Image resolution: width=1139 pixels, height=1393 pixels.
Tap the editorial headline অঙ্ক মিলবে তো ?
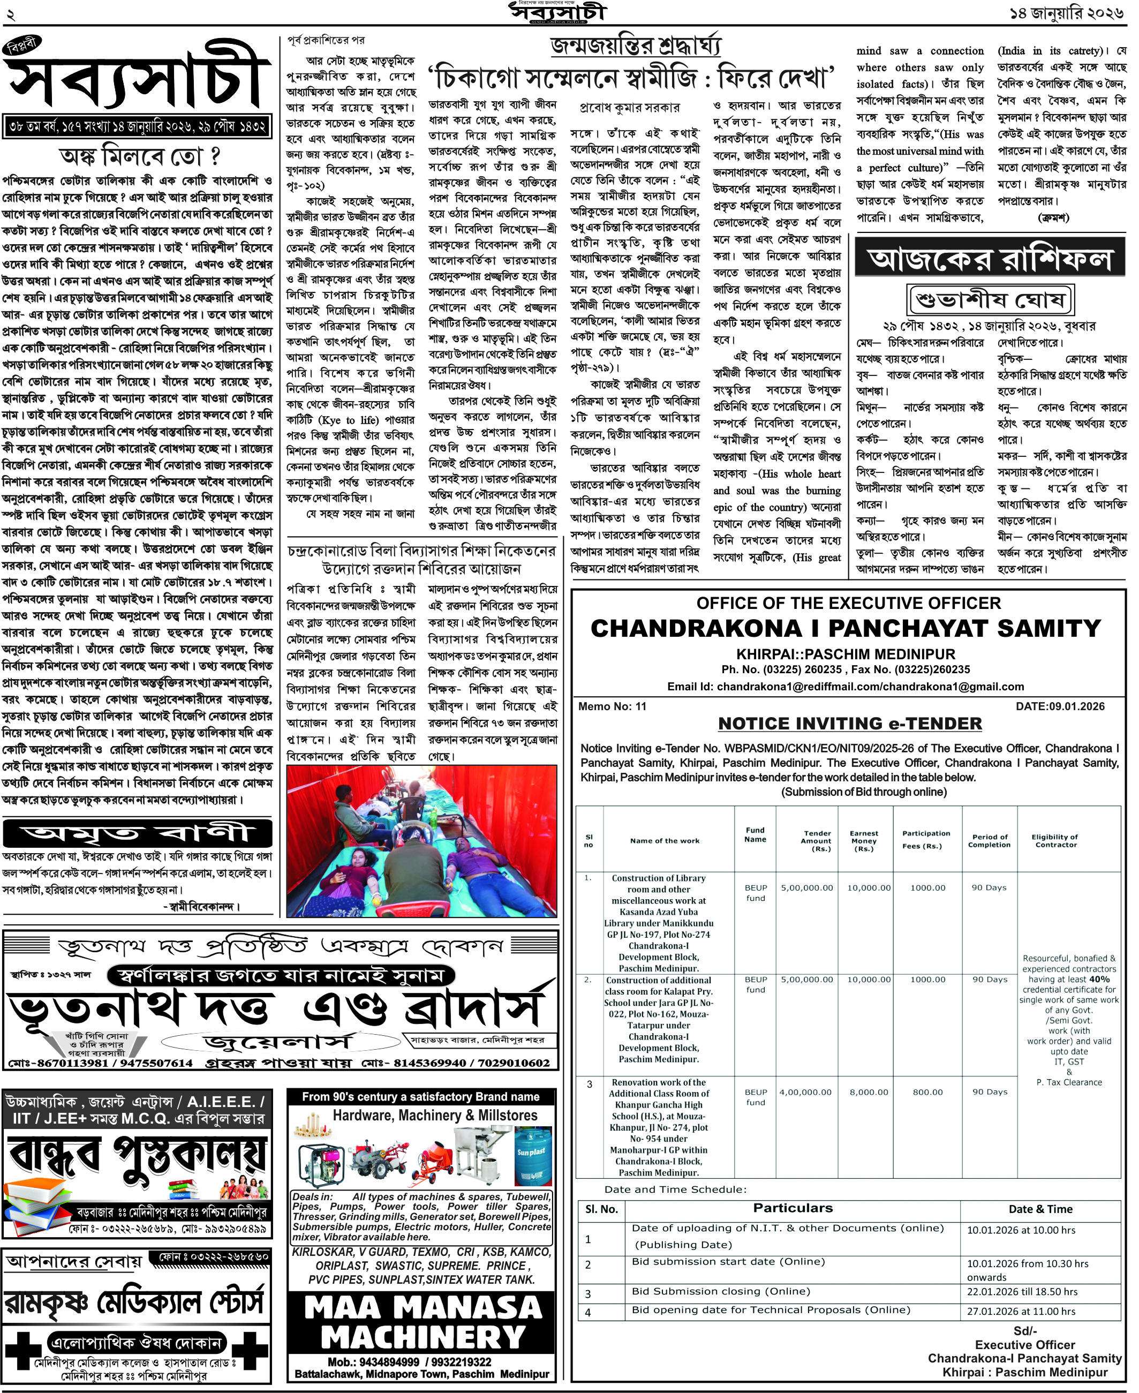point(139,157)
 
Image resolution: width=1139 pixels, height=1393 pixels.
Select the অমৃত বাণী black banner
point(138,834)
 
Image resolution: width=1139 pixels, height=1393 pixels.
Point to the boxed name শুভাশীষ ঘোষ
point(991,300)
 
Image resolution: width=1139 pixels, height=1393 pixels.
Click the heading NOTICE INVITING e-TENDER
point(850,723)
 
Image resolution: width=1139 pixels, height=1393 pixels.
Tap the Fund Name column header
point(755,834)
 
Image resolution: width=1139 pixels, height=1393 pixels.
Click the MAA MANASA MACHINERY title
point(423,1322)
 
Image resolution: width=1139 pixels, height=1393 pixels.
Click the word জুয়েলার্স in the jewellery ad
point(279,1041)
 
